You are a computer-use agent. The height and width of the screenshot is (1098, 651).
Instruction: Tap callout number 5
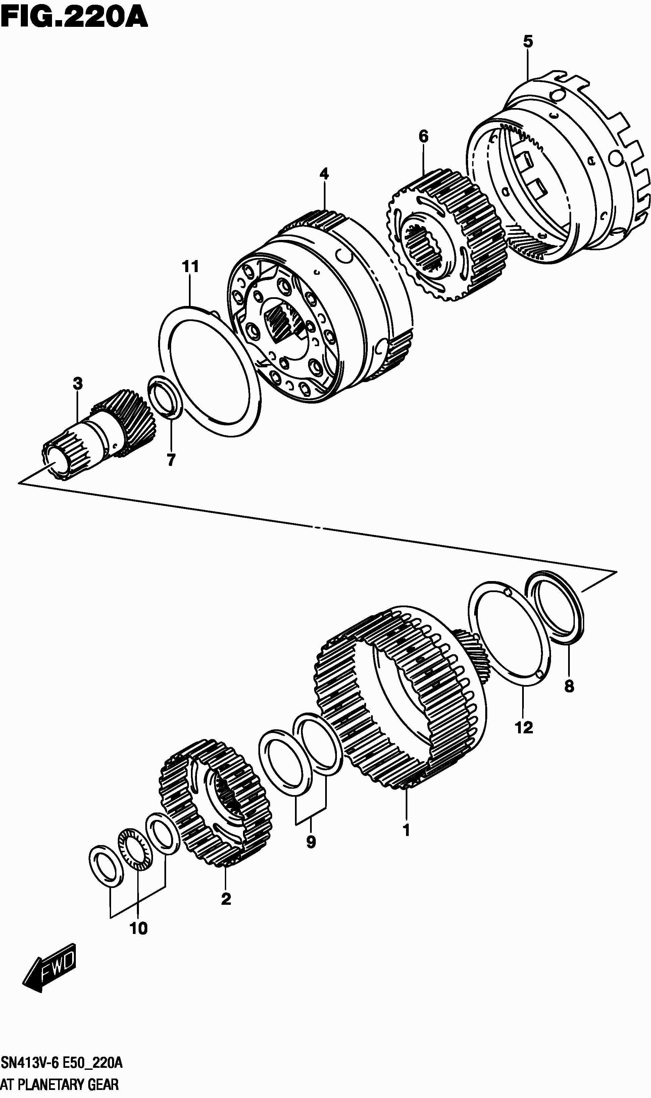coord(528,42)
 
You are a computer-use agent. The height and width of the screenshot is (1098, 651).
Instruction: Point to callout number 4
coord(324,174)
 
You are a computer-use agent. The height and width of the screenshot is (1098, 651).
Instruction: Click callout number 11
coord(190,267)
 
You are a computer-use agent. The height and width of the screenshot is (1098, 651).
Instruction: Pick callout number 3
coord(78,384)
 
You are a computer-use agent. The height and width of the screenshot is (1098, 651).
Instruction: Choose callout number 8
coord(569,686)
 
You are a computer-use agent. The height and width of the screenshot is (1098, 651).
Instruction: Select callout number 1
coord(406,830)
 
